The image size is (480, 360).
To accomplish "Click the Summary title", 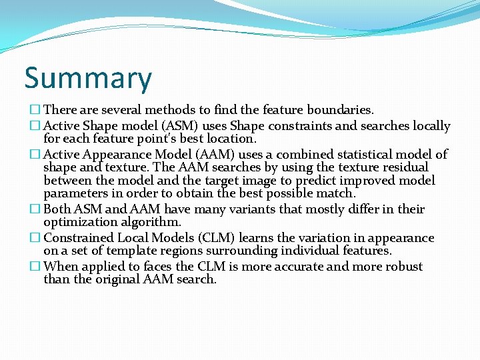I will [88, 78].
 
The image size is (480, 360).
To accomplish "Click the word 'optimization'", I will [77, 223].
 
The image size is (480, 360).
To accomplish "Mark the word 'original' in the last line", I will [117, 280].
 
